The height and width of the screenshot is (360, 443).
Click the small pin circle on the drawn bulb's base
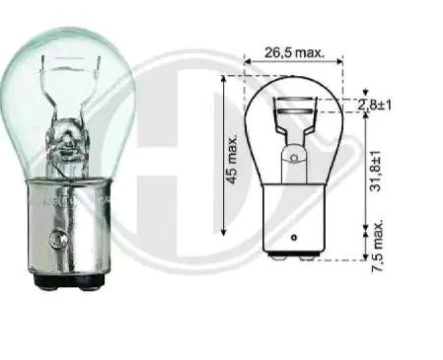(293, 238)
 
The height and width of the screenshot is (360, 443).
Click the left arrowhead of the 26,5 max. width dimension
(248, 65)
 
